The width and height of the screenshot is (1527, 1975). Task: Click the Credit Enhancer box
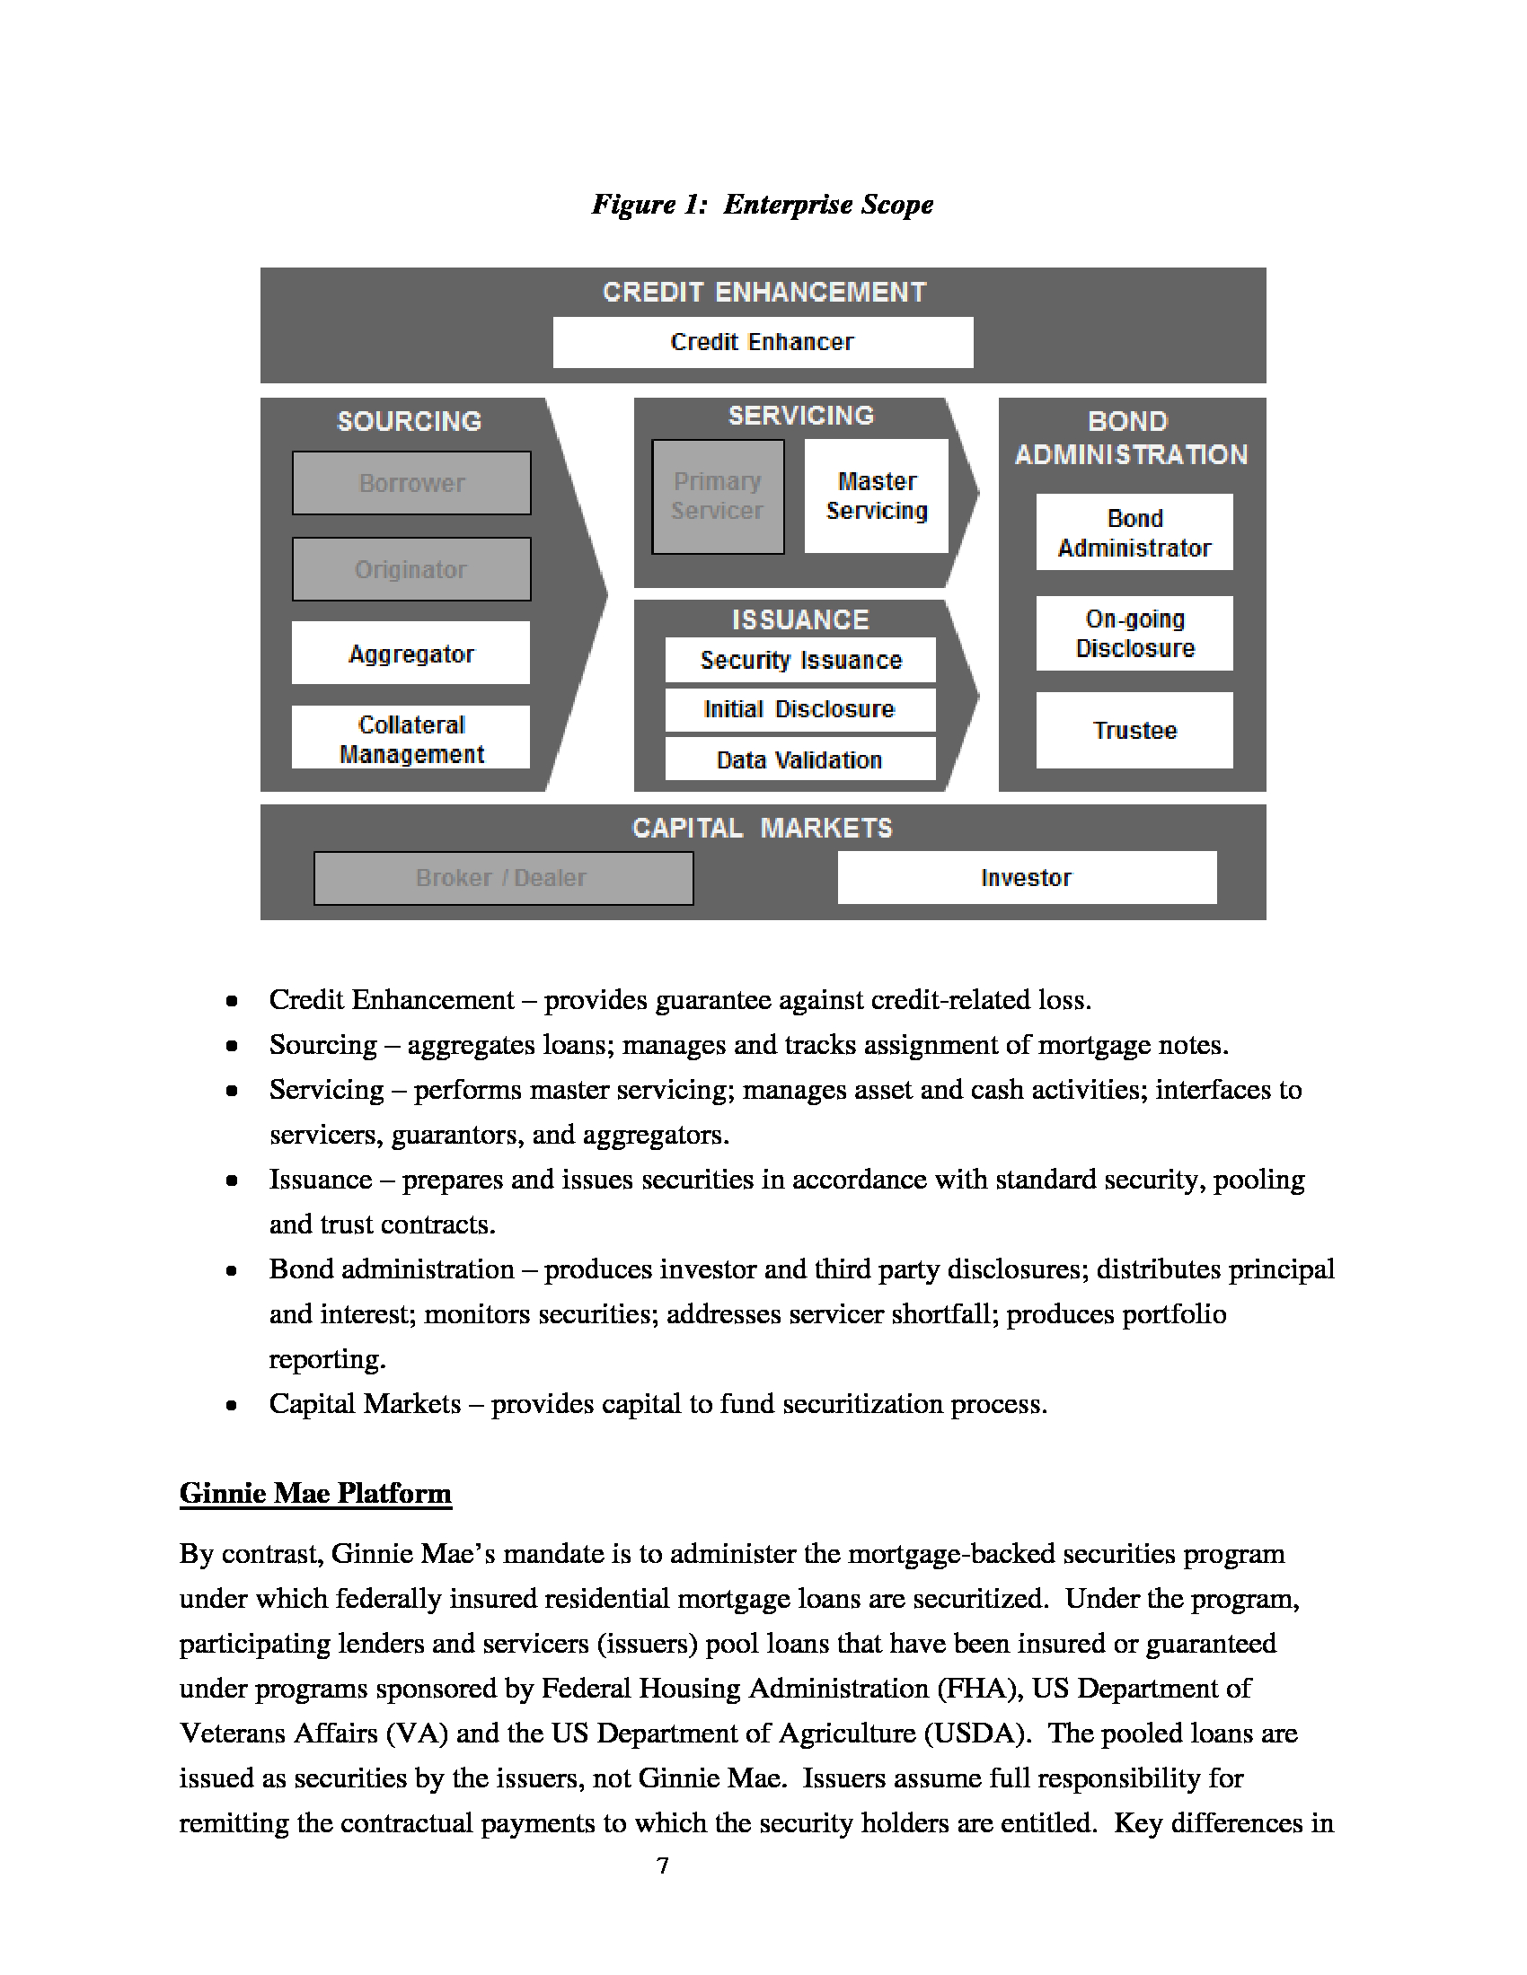pyautogui.click(x=763, y=342)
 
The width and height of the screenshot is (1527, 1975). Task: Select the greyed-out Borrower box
pyautogui.click(x=411, y=483)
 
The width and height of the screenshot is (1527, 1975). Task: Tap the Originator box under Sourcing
pyautogui.click(x=411, y=569)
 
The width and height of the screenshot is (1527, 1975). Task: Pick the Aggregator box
pyautogui.click(x=410, y=653)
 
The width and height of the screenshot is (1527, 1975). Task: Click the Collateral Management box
pyautogui.click(x=410, y=738)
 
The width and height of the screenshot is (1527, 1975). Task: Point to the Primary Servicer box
pyautogui.click(x=718, y=496)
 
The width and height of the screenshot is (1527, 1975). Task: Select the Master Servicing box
pyautogui.click(x=877, y=496)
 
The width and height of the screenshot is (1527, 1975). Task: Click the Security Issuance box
pyautogui.click(x=800, y=660)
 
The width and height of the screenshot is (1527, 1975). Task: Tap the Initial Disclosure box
pyautogui.click(x=799, y=710)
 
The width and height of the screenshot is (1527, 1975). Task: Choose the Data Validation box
pyautogui.click(x=799, y=759)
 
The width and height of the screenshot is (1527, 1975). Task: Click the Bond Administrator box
pyautogui.click(x=1134, y=532)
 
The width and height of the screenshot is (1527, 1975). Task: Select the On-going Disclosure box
pyautogui.click(x=1134, y=633)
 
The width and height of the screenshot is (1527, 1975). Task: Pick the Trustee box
pyautogui.click(x=1134, y=730)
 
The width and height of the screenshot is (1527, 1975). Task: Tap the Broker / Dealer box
pyautogui.click(x=503, y=877)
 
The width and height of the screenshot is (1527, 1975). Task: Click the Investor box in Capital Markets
pyautogui.click(x=1027, y=877)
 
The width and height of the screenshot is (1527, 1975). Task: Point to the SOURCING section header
pyautogui.click(x=409, y=421)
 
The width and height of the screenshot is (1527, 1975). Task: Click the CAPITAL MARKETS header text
pyautogui.click(x=763, y=828)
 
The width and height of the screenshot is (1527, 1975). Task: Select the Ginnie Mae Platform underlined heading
pyautogui.click(x=314, y=1493)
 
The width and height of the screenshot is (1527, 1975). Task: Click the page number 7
pyautogui.click(x=663, y=1866)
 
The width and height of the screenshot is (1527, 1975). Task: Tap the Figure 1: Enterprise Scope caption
pyautogui.click(x=763, y=205)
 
